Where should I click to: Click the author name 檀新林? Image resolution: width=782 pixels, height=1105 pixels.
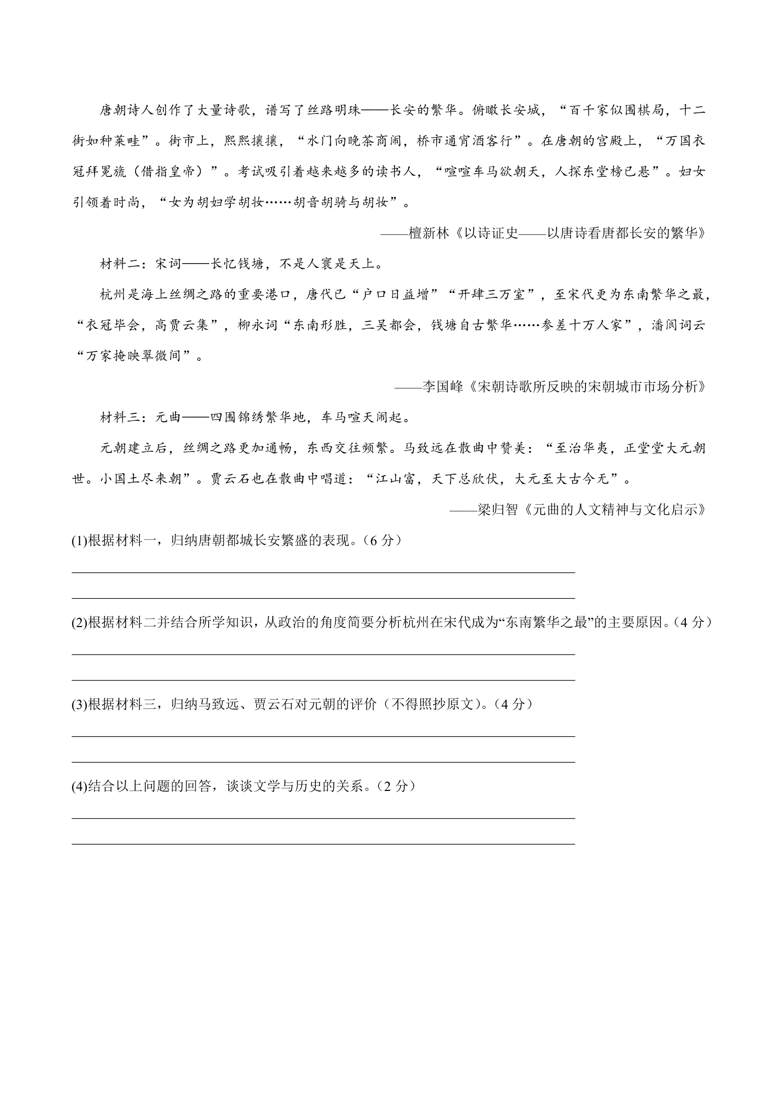coord(429,233)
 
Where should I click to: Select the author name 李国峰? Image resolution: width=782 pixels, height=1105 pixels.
coord(443,387)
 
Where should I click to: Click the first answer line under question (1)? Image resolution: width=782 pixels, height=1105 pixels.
coord(323,572)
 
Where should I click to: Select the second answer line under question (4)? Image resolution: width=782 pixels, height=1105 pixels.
coord(323,844)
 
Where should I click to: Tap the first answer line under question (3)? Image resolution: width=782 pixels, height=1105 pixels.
coord(323,736)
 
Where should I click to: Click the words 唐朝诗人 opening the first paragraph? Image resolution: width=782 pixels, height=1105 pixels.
coord(127,111)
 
